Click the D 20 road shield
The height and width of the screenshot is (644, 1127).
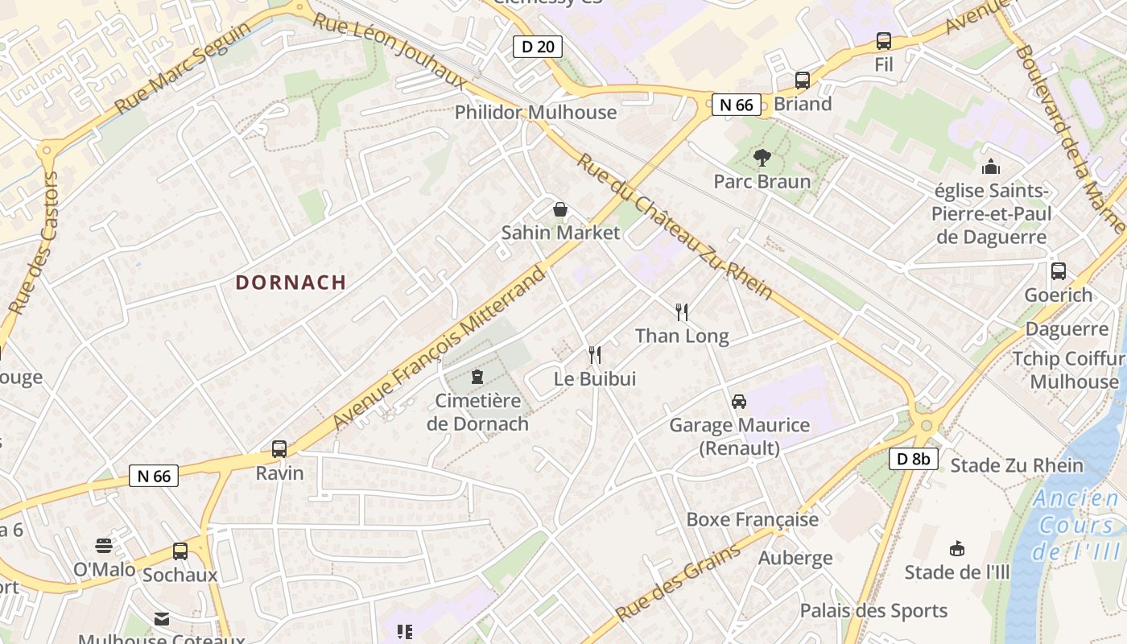click(x=538, y=46)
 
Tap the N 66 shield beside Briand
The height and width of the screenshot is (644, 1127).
click(x=736, y=104)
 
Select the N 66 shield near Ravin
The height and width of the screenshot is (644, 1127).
click(x=154, y=476)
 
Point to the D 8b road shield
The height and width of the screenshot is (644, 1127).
click(x=914, y=459)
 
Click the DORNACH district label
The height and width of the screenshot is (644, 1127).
click(x=291, y=283)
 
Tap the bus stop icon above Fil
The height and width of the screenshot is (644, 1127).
click(x=884, y=41)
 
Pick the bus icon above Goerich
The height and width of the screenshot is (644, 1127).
click(x=1059, y=271)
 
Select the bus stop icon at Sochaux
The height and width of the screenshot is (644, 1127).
click(x=180, y=551)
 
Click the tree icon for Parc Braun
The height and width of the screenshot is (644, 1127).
click(x=762, y=158)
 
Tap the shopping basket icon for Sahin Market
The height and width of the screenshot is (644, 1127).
click(x=560, y=210)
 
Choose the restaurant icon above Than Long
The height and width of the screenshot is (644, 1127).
click(x=682, y=312)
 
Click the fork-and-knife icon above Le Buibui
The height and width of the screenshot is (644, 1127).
click(x=595, y=354)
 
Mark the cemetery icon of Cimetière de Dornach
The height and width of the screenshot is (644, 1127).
click(x=477, y=377)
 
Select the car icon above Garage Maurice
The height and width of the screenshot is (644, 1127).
click(x=738, y=401)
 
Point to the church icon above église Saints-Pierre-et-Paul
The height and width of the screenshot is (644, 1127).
click(x=990, y=167)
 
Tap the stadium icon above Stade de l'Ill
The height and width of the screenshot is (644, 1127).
click(x=957, y=549)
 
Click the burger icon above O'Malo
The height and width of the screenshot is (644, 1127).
click(x=104, y=546)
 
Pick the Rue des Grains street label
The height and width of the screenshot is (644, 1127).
click(x=678, y=583)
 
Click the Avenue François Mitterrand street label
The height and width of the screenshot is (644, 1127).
click(x=439, y=348)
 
